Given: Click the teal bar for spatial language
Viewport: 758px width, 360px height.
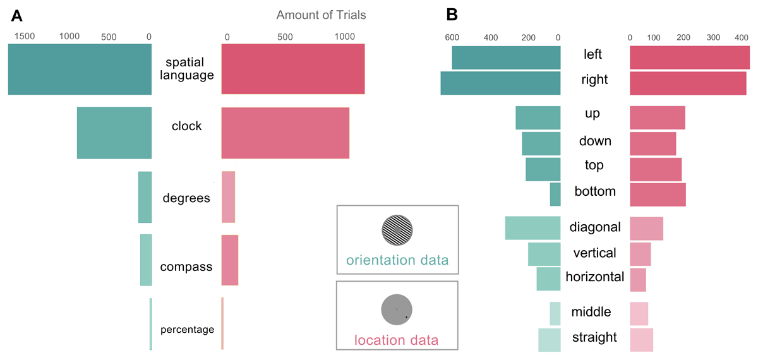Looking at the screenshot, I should pos(80,69).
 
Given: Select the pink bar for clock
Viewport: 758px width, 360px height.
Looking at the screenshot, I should pos(286,133).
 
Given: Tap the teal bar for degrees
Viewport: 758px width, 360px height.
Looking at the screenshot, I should pos(145,197).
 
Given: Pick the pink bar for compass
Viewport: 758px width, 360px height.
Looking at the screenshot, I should pos(230,260).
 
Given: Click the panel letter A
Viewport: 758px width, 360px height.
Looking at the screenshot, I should pos(12,13).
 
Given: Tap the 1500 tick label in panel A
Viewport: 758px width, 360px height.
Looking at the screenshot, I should pos(25,37).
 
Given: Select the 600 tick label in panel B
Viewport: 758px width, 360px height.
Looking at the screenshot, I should pos(452,37).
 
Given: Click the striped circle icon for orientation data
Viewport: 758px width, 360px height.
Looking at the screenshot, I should pos(397,231).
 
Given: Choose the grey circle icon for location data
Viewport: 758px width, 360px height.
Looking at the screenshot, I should pos(397,309).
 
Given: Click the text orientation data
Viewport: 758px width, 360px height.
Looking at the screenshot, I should pos(397,260).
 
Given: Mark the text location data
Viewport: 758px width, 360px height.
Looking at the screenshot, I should pos(397,340).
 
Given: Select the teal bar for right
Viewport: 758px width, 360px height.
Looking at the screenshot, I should pos(500,83).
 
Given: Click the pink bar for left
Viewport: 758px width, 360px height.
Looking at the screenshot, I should pos(690,57).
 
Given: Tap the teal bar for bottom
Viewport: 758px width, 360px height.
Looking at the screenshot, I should pos(555,194).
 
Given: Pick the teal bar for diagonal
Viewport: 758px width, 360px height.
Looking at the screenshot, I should pos(533,227).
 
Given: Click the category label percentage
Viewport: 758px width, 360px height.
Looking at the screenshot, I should pos(187,329).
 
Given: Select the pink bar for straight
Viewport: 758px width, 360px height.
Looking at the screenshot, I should pos(641,340).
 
